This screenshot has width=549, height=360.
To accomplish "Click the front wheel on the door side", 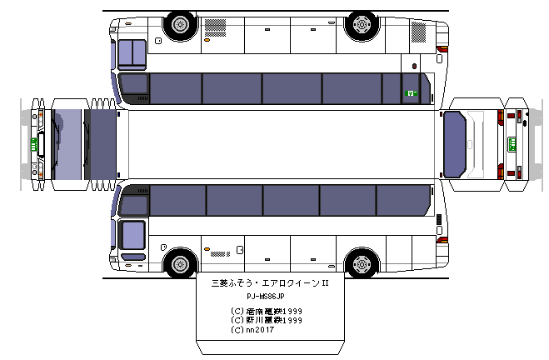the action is click(180, 264).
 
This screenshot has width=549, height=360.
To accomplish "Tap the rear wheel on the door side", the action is click(361, 264).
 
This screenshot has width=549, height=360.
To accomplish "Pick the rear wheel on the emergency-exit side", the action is click(361, 25).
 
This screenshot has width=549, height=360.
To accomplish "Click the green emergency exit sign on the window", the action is click(410, 93).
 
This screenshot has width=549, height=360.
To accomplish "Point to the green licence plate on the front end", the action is click(34, 143).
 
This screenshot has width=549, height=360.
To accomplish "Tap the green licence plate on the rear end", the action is click(513, 143).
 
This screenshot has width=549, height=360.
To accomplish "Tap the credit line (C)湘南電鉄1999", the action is click(266, 311).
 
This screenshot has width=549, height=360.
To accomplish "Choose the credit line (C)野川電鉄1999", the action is click(266, 320).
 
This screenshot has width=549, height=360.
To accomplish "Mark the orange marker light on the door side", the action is click(206, 249).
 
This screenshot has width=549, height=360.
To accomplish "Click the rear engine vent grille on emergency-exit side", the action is click(417, 33).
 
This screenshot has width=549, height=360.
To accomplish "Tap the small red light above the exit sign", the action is click(414, 66).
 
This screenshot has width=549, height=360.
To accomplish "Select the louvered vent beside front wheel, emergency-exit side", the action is click(221, 37).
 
